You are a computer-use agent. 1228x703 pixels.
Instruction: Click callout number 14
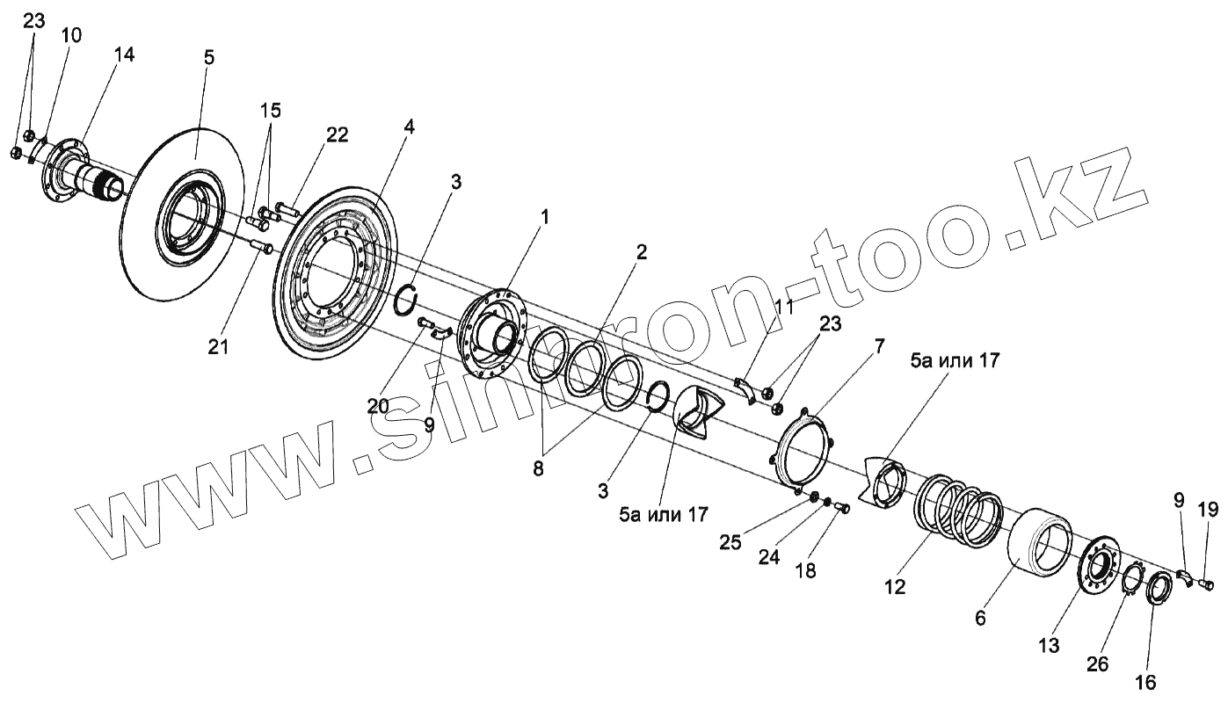tap(124, 54)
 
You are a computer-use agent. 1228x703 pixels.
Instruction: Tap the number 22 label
tap(336, 135)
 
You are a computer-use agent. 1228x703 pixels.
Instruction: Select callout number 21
tap(218, 346)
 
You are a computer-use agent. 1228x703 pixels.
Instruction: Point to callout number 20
tap(378, 405)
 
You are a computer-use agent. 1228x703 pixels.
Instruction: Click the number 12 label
tap(895, 585)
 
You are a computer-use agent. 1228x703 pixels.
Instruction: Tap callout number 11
tap(783, 307)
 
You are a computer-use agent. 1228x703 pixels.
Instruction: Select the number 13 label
tap(1049, 646)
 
